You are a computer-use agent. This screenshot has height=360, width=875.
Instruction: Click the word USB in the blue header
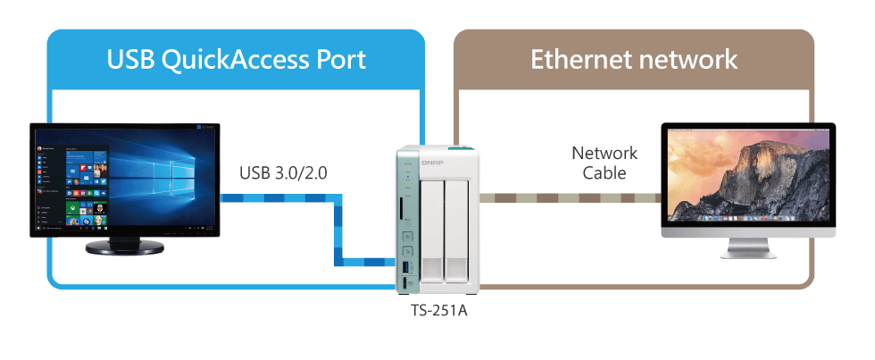(x=129, y=60)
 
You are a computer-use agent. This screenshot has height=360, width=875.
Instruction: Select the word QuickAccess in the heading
(x=236, y=60)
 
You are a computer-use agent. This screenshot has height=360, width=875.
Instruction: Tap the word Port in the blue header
(x=338, y=60)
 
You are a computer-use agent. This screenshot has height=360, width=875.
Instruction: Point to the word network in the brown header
(x=693, y=60)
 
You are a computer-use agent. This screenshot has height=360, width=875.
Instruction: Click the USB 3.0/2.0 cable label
(x=283, y=172)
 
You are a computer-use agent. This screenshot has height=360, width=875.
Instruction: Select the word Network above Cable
(x=604, y=153)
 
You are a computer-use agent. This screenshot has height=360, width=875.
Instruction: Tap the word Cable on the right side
(x=604, y=172)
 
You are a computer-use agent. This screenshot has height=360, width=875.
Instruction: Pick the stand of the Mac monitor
(x=747, y=248)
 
